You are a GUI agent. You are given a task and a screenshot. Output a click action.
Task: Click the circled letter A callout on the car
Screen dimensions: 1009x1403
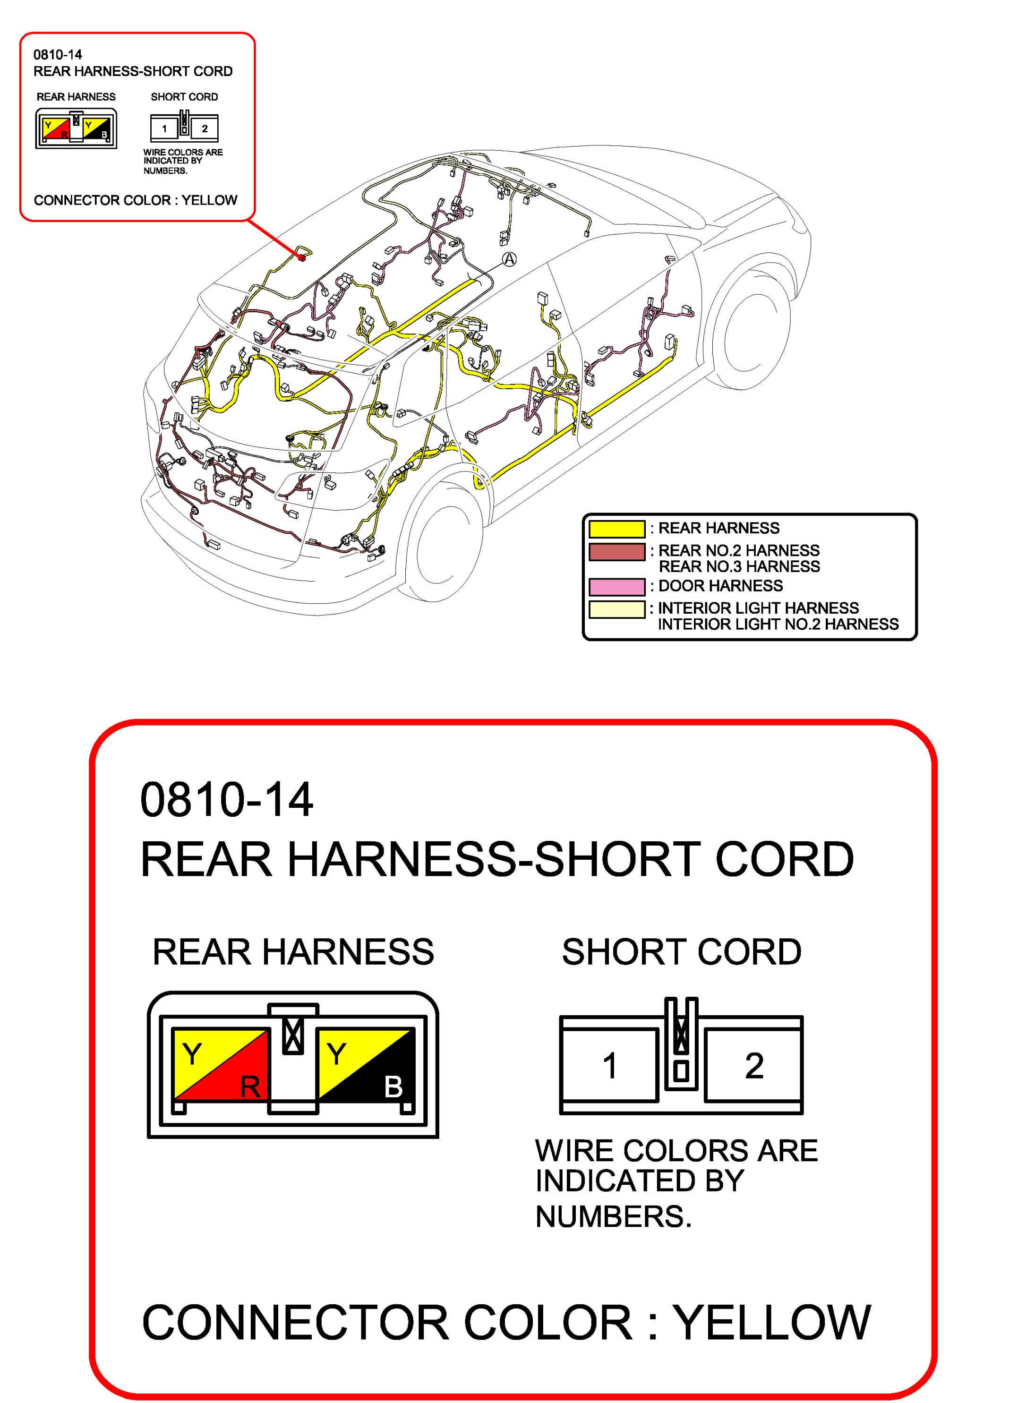coord(509,259)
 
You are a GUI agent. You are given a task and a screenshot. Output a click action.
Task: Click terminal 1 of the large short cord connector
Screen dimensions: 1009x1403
coord(609,1066)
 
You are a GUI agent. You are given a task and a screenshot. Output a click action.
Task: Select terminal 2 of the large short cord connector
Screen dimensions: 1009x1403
coord(753,1066)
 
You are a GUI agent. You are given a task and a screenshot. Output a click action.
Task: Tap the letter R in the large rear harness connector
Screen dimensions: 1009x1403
coord(250,1087)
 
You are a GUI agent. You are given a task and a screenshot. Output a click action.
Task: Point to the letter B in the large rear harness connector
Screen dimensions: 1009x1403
coord(393,1087)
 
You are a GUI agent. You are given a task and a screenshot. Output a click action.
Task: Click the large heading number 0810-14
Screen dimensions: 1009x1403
coord(226,800)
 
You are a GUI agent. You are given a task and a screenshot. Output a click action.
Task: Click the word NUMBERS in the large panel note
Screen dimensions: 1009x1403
coord(613,1217)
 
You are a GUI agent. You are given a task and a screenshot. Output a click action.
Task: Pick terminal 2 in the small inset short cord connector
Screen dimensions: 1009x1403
coord(205,128)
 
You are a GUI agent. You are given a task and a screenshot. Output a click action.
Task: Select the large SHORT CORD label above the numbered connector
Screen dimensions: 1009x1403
coord(681,952)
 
